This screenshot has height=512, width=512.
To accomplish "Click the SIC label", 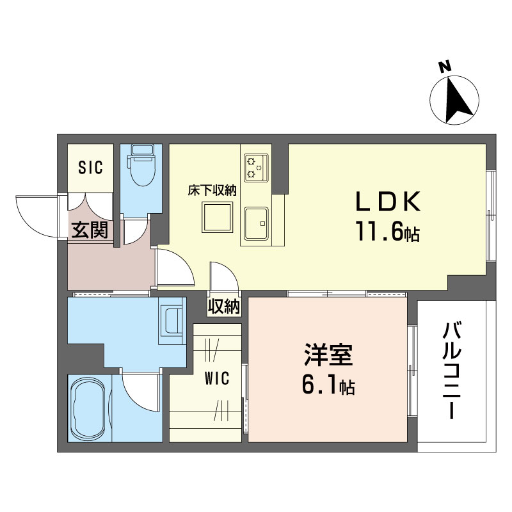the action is point(90,167).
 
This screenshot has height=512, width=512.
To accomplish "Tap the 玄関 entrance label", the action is point(90,230).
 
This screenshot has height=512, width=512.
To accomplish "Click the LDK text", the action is point(388,202).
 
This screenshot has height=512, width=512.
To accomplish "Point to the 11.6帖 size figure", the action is point(388,231).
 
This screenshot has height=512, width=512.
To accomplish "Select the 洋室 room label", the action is point(328,355).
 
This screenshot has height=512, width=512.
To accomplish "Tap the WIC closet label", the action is point(217,378).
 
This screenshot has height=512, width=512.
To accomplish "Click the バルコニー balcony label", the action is point(452,371).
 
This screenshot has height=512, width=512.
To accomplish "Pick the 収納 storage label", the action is point(225,307).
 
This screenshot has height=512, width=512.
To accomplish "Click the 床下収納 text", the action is point(212,190).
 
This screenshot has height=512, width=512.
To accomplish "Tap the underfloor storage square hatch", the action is point(218,217).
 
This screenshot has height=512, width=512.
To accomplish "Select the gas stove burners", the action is point(256,168).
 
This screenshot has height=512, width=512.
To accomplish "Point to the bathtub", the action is point(89,408).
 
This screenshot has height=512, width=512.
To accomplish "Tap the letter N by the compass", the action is point(444,67).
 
